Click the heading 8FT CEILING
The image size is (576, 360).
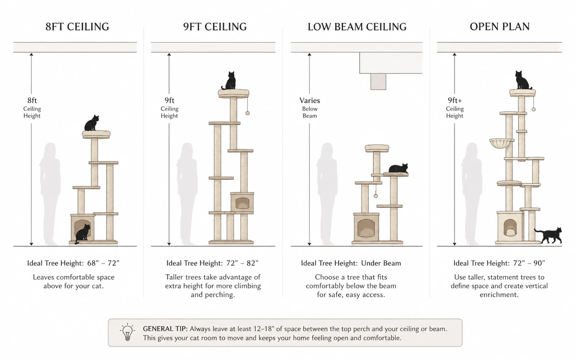click(77, 27)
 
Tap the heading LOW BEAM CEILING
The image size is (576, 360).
click(357, 27)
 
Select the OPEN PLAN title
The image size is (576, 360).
click(499, 27)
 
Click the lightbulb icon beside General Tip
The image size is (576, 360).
click(127, 332)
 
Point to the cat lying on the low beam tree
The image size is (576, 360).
click(398, 168)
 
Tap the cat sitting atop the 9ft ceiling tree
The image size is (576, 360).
click(230, 81)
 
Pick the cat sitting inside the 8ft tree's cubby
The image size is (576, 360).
click(83, 233)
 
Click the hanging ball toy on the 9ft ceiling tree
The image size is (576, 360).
click(247, 113)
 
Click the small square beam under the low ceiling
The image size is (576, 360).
click(378, 82)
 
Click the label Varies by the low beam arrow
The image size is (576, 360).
click(309, 101)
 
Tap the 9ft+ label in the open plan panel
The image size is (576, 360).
click(454, 101)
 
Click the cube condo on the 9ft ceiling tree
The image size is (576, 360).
click(242, 202)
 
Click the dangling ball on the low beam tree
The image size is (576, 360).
click(376, 196)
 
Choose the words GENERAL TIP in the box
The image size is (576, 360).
click(165, 329)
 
